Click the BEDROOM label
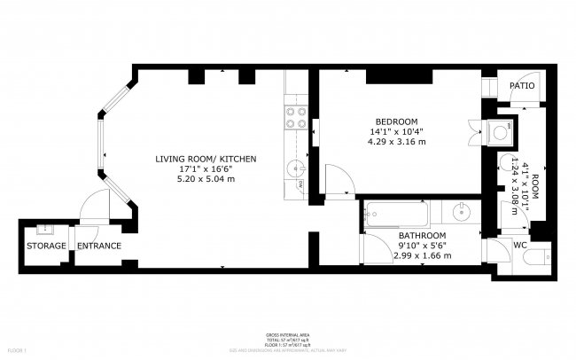pos(397,121)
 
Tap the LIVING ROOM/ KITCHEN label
pos(206,159)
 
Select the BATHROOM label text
pos(421,235)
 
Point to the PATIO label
pos(521,86)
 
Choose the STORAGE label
pos(46,246)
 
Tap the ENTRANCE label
pos(98,246)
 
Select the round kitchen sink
pos(297,166)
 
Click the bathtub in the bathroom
pos(400,214)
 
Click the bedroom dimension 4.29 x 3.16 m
pos(398,142)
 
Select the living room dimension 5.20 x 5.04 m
pos(206,179)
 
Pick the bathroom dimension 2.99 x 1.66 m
pos(422,255)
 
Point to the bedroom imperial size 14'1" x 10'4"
pos(397,132)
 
